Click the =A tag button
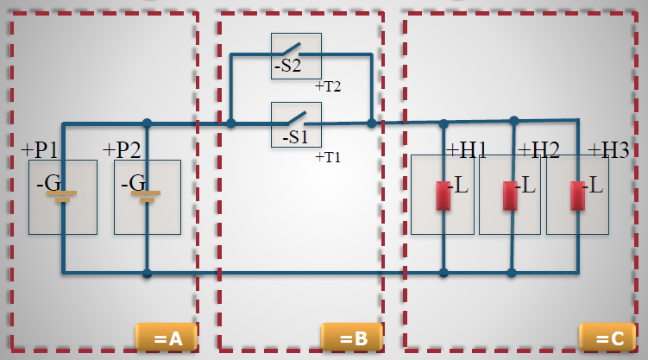(x=167, y=338)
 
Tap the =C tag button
(x=608, y=338)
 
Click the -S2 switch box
(x=296, y=55)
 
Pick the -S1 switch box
(x=296, y=124)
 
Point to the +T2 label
(x=328, y=86)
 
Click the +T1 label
(x=328, y=157)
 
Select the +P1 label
(x=40, y=149)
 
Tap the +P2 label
(x=122, y=149)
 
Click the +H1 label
(x=466, y=149)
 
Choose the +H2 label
(x=538, y=149)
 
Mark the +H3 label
(x=608, y=149)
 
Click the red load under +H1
(x=444, y=196)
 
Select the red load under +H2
(x=511, y=196)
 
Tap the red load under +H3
(x=577, y=196)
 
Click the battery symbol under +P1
(x=63, y=196)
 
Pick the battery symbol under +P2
(x=147, y=196)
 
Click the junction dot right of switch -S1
(x=372, y=123)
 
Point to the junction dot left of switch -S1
(x=230, y=123)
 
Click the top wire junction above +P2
(x=147, y=123)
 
